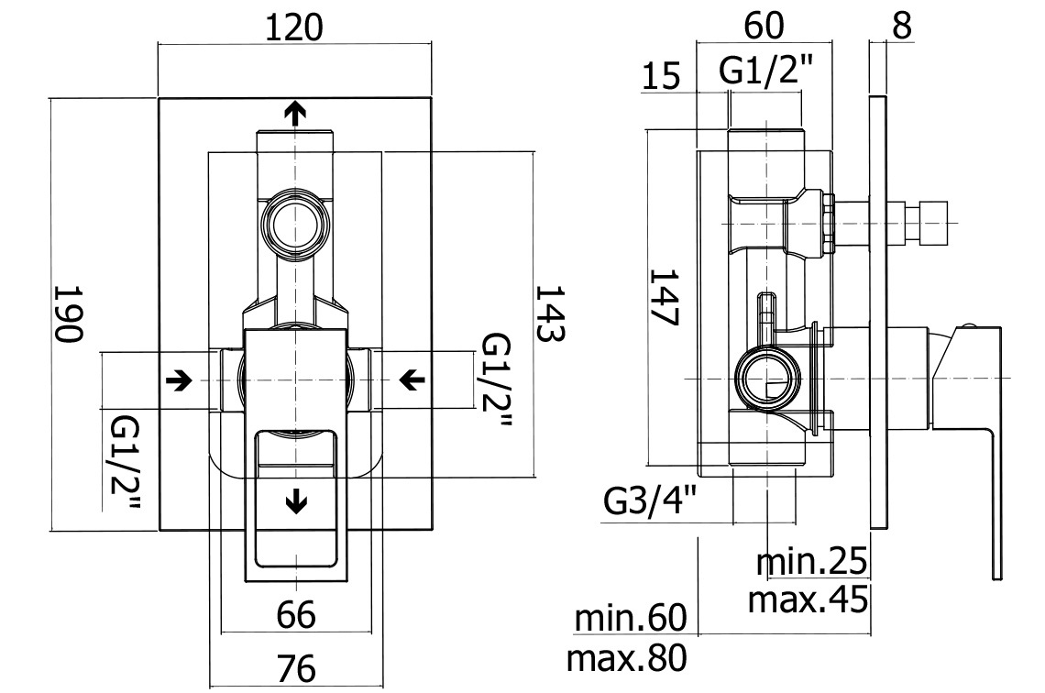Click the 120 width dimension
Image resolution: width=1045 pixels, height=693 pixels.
pyautogui.click(x=294, y=28)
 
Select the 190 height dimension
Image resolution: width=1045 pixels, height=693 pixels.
pyautogui.click(x=68, y=313)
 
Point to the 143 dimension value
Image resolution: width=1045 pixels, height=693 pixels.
pyautogui.click(x=551, y=313)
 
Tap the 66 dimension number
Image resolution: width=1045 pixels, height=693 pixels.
pyautogui.click(x=296, y=614)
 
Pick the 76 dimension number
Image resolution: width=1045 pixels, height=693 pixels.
pyautogui.click(x=296, y=668)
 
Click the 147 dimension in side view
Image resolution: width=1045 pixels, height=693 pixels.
pyautogui.click(x=665, y=297)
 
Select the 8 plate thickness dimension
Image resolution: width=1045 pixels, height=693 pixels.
pyautogui.click(x=901, y=26)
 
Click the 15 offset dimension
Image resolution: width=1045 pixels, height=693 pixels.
pyautogui.click(x=661, y=75)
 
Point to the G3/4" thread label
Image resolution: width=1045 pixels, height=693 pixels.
pyautogui.click(x=650, y=501)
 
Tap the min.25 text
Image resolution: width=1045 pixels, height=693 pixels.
pyautogui.click(x=811, y=561)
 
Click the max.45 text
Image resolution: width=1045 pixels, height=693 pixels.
pyautogui.click(x=808, y=599)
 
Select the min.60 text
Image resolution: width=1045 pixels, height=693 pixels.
pyautogui.click(x=630, y=618)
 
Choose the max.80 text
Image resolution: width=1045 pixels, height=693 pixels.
pyautogui.click(x=626, y=658)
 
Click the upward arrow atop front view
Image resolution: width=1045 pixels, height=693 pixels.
pyautogui.click(x=294, y=114)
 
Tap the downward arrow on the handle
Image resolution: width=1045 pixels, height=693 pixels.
pyautogui.click(x=295, y=500)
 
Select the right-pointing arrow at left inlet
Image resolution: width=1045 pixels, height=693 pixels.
pyautogui.click(x=179, y=380)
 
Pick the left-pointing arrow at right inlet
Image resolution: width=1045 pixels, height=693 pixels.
pyautogui.click(x=412, y=380)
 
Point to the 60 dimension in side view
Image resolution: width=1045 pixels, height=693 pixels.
pyautogui.click(x=764, y=26)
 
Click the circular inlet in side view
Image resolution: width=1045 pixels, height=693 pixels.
pyautogui.click(x=768, y=378)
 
